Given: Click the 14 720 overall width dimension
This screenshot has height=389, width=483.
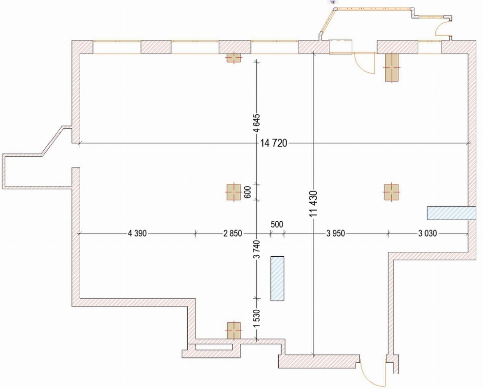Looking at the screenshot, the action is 274,143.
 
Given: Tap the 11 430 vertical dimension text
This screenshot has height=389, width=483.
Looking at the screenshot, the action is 314,204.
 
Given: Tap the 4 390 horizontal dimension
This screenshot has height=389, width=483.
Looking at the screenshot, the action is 137,233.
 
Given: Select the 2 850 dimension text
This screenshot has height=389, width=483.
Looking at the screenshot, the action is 233,233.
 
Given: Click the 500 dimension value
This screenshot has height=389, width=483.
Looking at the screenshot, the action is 277,224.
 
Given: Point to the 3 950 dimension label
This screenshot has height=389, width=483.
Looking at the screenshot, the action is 336,233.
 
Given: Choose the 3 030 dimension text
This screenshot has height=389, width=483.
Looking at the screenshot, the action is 428,233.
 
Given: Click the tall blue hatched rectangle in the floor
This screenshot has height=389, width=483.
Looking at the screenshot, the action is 277,278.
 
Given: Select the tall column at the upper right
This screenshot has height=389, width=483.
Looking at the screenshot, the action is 392,67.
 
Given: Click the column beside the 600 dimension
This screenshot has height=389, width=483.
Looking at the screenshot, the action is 233,192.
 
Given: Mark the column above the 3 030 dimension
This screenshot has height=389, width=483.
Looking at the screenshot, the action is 391,192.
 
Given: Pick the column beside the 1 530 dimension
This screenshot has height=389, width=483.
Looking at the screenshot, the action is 234,331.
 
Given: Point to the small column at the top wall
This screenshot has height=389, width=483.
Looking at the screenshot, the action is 233,57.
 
